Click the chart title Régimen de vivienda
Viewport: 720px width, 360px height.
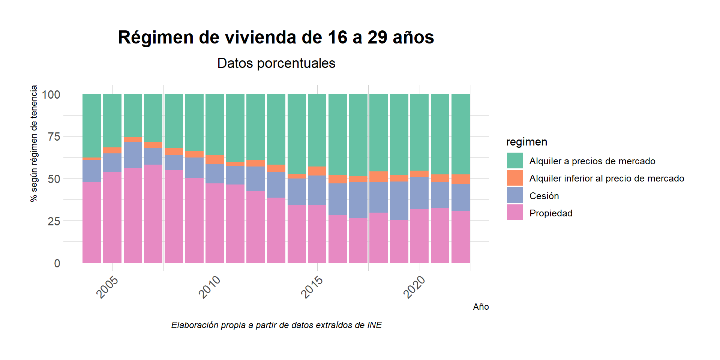tap(276, 37)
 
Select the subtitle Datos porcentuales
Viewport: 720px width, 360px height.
tap(276, 63)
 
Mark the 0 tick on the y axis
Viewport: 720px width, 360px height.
tap(57, 263)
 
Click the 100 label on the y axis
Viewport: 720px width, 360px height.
tap(51, 94)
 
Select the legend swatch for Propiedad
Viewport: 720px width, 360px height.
tap(514, 213)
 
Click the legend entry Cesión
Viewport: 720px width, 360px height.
tap(544, 196)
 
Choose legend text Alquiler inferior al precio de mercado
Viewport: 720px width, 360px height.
tap(606, 178)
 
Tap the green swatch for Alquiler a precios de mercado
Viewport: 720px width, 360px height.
tap(514, 160)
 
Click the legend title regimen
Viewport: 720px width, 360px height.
tap(526, 142)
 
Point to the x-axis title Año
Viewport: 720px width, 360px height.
tap(481, 307)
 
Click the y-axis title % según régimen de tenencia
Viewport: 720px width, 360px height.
tap(34, 143)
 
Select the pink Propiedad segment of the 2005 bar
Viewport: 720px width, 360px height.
tap(112, 217)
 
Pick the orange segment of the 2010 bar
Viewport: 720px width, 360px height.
tap(214, 159)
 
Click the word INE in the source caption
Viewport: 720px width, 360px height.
tap(374, 325)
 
